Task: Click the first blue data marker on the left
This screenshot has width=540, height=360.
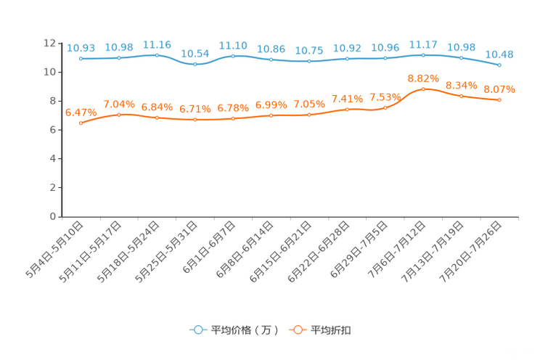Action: pyautogui.click(x=81, y=58)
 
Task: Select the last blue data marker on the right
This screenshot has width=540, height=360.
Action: pyautogui.click(x=499, y=65)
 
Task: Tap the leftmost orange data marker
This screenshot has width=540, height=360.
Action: pyautogui.click(x=81, y=123)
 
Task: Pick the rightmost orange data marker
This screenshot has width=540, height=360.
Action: pyautogui.click(x=499, y=100)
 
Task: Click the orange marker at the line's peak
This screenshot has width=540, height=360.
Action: pyautogui.click(x=423, y=89)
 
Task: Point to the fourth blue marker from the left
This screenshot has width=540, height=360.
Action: pyautogui.click(x=195, y=65)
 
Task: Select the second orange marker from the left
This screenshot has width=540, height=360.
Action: pyautogui.click(x=119, y=115)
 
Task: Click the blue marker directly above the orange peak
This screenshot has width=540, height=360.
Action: pyautogui.click(x=423, y=54)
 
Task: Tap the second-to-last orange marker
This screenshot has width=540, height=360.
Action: pyautogui.click(x=461, y=97)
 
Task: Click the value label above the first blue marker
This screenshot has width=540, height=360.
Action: pyautogui.click(x=81, y=48)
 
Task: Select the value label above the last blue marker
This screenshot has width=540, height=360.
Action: pyautogui.click(x=499, y=54)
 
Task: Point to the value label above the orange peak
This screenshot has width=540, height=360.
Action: pyautogui.click(x=423, y=78)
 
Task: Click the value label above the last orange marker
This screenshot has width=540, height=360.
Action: pyautogui.click(x=499, y=89)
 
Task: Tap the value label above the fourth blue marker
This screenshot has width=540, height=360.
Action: pyautogui.click(x=195, y=54)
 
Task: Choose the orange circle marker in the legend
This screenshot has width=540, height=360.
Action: pyautogui.click(x=298, y=330)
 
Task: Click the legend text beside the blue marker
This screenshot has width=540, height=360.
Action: pyautogui.click(x=245, y=330)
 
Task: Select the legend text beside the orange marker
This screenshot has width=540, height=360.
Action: pyautogui.click(x=332, y=330)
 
